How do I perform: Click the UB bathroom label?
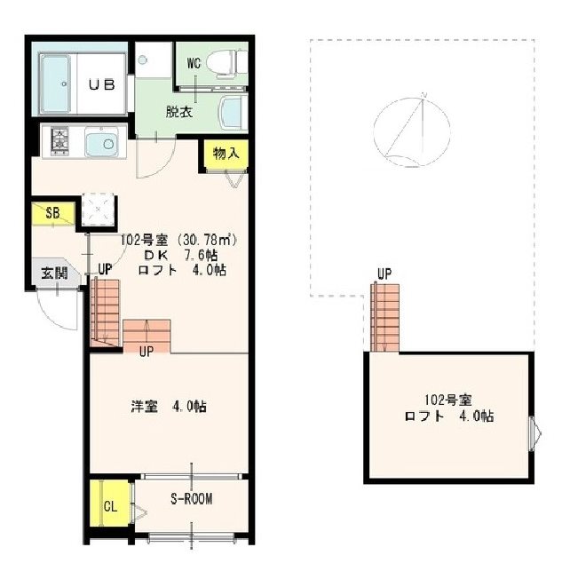[101, 85]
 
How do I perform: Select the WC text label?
[194, 63]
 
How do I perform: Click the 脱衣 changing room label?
[179, 112]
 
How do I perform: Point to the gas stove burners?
[59, 140]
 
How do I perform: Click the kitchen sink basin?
[101, 142]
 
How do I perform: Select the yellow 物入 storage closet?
[226, 154]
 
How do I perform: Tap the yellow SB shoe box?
[53, 213]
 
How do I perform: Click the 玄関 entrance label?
[54, 274]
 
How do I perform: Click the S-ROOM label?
[191, 499]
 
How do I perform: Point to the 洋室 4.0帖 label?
[169, 407]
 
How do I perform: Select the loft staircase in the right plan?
[385, 318]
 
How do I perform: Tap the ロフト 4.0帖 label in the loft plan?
[449, 416]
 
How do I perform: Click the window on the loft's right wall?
[535, 433]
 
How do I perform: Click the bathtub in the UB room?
[55, 83]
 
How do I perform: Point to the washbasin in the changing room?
[234, 113]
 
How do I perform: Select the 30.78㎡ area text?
[207, 241]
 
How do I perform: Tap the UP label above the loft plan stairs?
[384, 274]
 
